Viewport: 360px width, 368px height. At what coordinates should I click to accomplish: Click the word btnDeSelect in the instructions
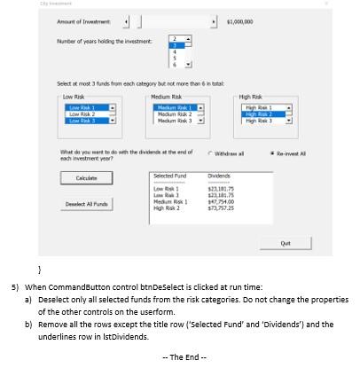point(146,290)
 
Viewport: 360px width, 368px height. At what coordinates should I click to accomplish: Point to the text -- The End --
point(180,356)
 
